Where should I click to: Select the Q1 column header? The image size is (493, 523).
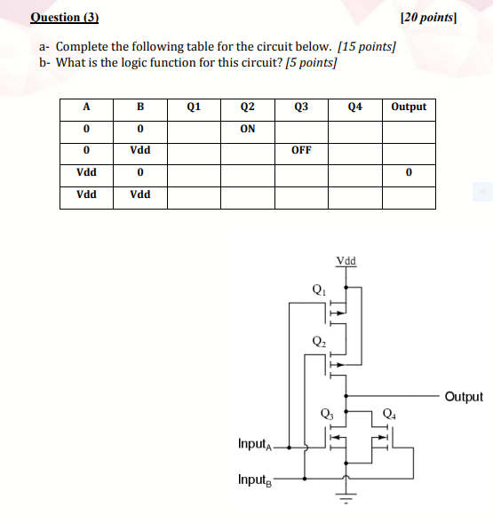(194, 107)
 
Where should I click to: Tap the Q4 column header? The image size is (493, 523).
(355, 107)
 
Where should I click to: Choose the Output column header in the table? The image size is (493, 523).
(409, 107)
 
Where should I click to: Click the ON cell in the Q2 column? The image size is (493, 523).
(248, 129)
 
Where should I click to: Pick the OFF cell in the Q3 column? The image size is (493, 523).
(301, 150)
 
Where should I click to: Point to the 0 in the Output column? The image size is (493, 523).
(409, 172)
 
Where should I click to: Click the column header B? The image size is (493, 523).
(139, 107)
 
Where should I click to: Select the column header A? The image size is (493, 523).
(86, 107)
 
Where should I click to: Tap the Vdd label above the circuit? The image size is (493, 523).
(346, 261)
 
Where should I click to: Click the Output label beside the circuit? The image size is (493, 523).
(464, 397)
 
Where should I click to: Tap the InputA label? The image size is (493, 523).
(256, 443)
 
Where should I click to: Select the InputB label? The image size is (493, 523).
(256, 479)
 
